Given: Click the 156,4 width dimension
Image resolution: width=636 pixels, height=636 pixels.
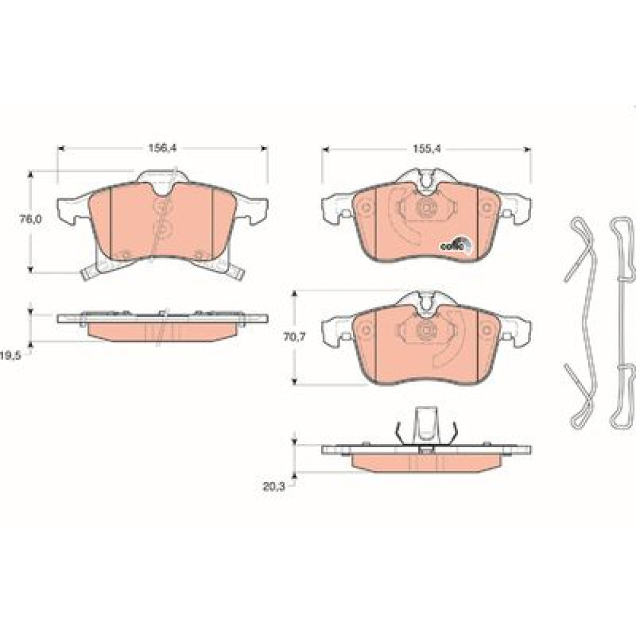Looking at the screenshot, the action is (x=162, y=148).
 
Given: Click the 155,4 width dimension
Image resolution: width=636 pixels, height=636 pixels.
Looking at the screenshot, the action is (x=426, y=149).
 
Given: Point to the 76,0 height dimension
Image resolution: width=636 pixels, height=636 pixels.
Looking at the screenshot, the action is (x=31, y=219).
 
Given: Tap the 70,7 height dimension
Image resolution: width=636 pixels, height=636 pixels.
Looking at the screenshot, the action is (x=294, y=336).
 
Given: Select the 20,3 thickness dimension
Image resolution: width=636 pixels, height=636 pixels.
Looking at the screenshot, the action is (x=274, y=487).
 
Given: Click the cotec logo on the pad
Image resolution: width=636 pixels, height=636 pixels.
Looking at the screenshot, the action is (x=456, y=244).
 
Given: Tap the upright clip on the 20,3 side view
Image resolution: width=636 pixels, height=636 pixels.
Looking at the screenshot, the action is (x=426, y=424).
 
